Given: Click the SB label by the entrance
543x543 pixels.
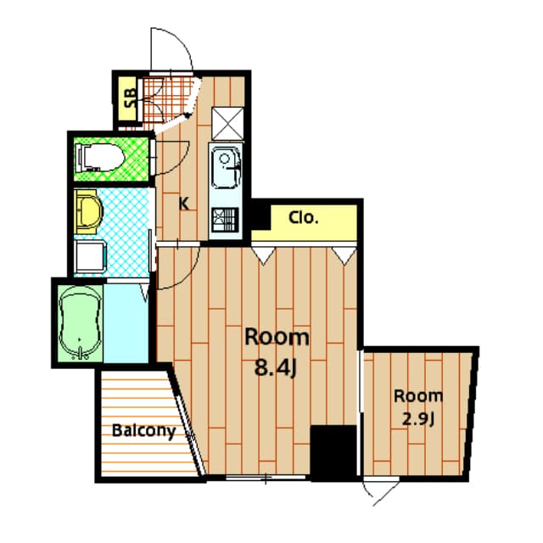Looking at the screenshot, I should [130, 100].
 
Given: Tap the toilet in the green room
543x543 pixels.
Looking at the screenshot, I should [98, 157].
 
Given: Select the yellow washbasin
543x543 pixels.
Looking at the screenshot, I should [87, 211].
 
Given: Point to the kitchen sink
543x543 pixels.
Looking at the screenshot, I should [226, 166].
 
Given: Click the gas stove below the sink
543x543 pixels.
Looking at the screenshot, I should [226, 221].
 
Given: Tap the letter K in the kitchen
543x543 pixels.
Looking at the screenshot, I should [182, 202].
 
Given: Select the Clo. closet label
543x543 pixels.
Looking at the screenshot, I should [303, 217].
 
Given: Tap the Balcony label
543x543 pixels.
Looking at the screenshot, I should [143, 431].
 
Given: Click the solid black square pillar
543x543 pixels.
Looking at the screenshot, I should [333, 451].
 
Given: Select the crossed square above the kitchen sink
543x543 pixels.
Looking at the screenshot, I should [228, 121].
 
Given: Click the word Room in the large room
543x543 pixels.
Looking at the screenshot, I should [277, 337].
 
